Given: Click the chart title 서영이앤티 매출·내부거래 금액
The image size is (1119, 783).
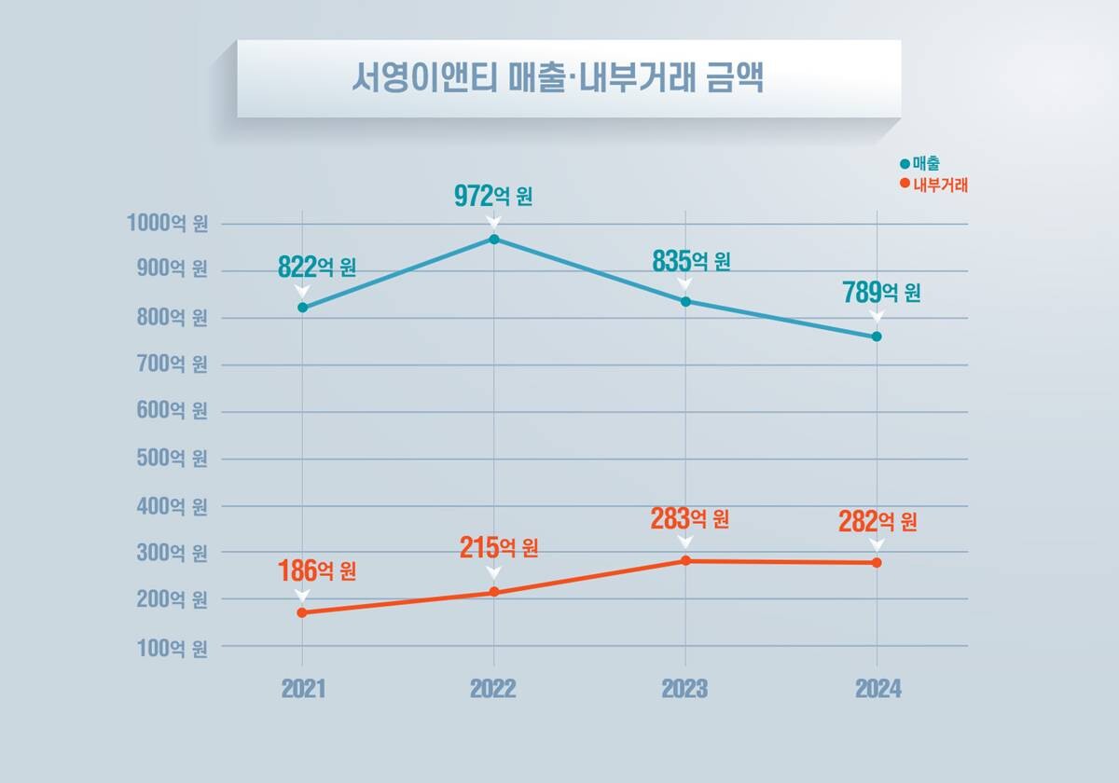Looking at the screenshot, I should pos(558,78).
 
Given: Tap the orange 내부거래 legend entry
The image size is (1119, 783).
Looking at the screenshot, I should pos(933,185).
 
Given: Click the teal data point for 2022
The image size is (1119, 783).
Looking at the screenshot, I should pos(494,240).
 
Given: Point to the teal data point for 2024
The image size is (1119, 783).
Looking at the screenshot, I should pos(877,337).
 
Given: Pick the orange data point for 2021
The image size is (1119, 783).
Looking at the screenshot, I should pos(302,612).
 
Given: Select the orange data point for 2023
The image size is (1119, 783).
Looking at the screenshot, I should pos(685,561).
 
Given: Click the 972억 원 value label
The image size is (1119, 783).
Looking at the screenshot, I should pos(493,197).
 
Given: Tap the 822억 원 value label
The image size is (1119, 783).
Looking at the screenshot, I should pos(317,267).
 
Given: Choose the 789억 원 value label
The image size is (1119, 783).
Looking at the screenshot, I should pos(882,292).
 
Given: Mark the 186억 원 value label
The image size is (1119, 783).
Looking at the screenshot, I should pos(317,570).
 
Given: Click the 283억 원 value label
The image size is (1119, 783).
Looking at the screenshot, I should pos(689,518).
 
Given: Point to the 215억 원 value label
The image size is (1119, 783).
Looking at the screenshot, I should pos(499,547).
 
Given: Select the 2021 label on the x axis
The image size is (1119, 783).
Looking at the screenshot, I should pos(303,690).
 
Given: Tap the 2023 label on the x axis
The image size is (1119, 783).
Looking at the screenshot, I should pos(684,690).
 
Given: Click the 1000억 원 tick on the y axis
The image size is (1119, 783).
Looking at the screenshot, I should pos(167,224).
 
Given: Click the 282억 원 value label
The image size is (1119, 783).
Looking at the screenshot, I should pos(877,521).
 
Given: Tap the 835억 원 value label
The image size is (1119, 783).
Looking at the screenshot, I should pos(690,261).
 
